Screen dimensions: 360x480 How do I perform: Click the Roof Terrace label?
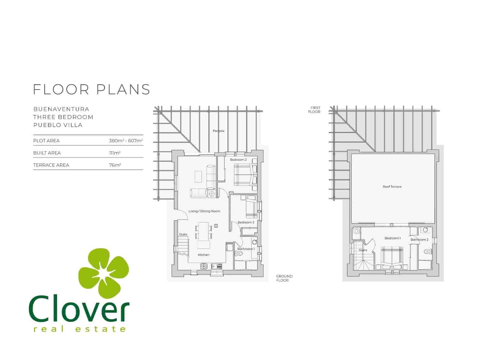pos(392,187)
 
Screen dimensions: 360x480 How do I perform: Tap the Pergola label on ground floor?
pos(218,131)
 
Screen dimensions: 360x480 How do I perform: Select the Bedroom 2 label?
pos(238,160)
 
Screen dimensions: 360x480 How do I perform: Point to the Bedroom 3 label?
pos(246,222)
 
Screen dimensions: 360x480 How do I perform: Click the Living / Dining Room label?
pos(204,211)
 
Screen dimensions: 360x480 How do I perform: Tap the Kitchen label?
pos(203,255)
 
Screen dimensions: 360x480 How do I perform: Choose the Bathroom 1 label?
pos(246,249)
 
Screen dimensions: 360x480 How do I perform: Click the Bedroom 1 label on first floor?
pos(392,238)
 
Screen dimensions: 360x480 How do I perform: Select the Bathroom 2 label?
pos(419,239)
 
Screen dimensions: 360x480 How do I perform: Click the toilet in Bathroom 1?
pos(239,254)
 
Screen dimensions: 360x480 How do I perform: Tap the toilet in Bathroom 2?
pos(427,251)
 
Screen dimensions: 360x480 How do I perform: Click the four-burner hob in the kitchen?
pos(204,266)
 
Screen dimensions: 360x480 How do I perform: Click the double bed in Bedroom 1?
pos(391,256)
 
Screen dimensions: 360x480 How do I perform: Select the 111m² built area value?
pos(115,153)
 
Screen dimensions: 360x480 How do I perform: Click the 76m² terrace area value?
pos(115,165)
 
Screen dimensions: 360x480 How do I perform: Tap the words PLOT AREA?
pos(46,141)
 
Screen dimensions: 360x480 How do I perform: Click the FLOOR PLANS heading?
pos(91,89)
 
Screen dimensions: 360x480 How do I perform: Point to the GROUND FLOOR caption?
pos(284,278)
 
